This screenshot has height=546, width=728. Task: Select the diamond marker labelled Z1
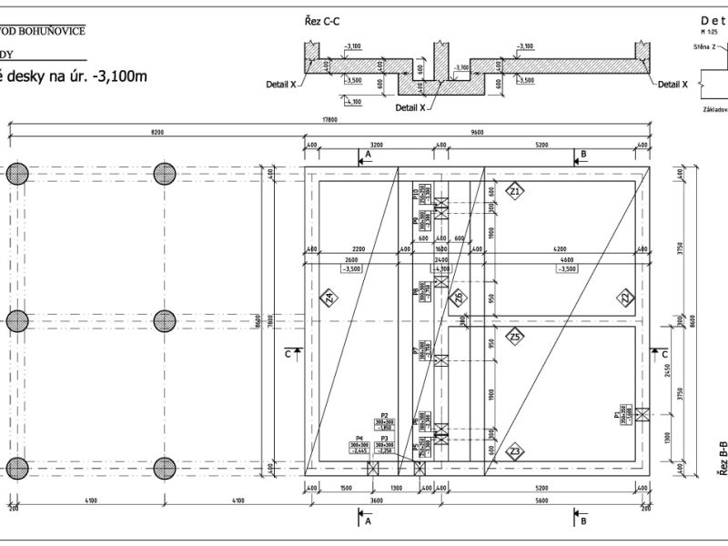(x=515, y=192)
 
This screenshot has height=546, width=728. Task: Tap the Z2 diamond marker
(x=625, y=298)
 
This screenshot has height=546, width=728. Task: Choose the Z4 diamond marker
(x=329, y=298)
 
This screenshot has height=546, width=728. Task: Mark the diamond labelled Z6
(x=458, y=297)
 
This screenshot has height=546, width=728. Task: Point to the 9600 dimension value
(x=477, y=133)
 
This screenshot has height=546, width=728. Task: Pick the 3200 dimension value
(x=377, y=145)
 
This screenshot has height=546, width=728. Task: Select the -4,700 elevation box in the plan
(x=441, y=269)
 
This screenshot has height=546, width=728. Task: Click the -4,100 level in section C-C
(x=352, y=102)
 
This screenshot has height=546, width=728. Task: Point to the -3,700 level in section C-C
(x=462, y=67)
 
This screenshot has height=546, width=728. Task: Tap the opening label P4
(x=359, y=440)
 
